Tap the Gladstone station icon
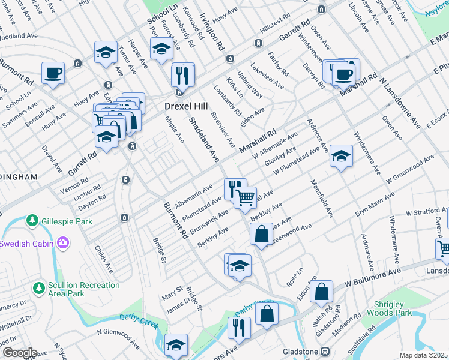point(325,350)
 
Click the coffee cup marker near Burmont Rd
point(53,73)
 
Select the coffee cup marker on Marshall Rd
point(343,74)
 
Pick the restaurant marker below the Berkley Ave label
point(240,327)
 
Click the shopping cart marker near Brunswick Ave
point(245,197)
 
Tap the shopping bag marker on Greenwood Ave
point(262,234)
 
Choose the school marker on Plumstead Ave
point(341,157)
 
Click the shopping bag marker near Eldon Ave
point(322,292)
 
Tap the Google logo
point(19,353)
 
